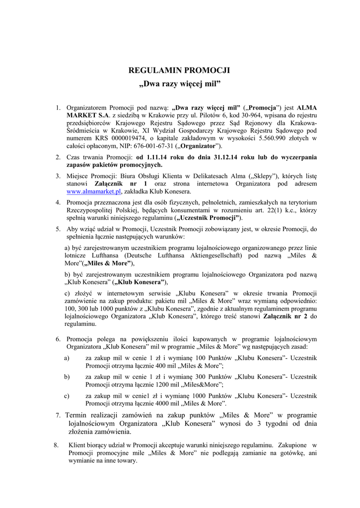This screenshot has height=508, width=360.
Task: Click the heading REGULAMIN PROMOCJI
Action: (x=180, y=70)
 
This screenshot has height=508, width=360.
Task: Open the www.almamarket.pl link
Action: (x=94, y=191)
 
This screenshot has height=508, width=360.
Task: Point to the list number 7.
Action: (x=59, y=415)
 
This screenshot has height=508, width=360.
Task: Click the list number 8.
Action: (x=56, y=444)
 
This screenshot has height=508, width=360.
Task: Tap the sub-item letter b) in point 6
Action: (x=67, y=377)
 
